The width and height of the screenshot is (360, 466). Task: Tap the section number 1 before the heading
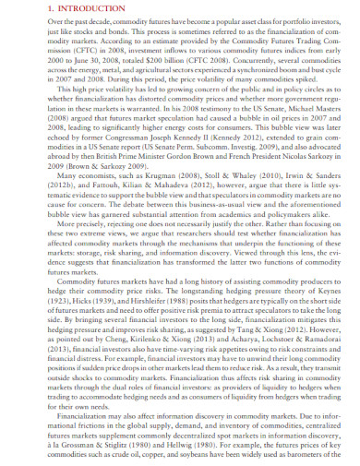[x=22, y=11]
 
